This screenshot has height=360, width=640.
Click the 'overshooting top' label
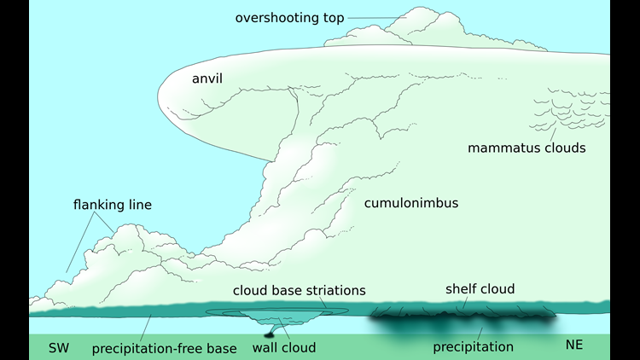289,18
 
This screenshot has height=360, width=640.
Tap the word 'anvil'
207,78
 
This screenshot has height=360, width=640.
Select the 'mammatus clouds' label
527,148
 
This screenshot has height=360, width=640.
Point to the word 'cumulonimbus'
411,203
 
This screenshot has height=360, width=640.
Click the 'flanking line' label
113,205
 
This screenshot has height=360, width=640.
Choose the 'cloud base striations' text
300,290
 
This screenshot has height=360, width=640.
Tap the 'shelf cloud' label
480,289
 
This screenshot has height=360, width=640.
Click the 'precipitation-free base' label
164,349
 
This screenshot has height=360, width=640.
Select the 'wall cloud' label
284,348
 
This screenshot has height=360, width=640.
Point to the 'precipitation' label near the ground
473,347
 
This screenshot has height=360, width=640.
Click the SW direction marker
59,348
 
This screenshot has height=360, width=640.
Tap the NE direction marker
574,345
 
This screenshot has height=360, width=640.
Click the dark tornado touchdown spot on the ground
269,335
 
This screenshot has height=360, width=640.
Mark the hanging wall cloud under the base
278,317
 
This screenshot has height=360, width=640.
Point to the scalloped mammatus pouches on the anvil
571,109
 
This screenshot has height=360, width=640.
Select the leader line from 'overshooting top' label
377,18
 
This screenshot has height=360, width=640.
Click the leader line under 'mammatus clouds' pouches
553,135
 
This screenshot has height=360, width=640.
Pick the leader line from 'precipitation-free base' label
146,328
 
